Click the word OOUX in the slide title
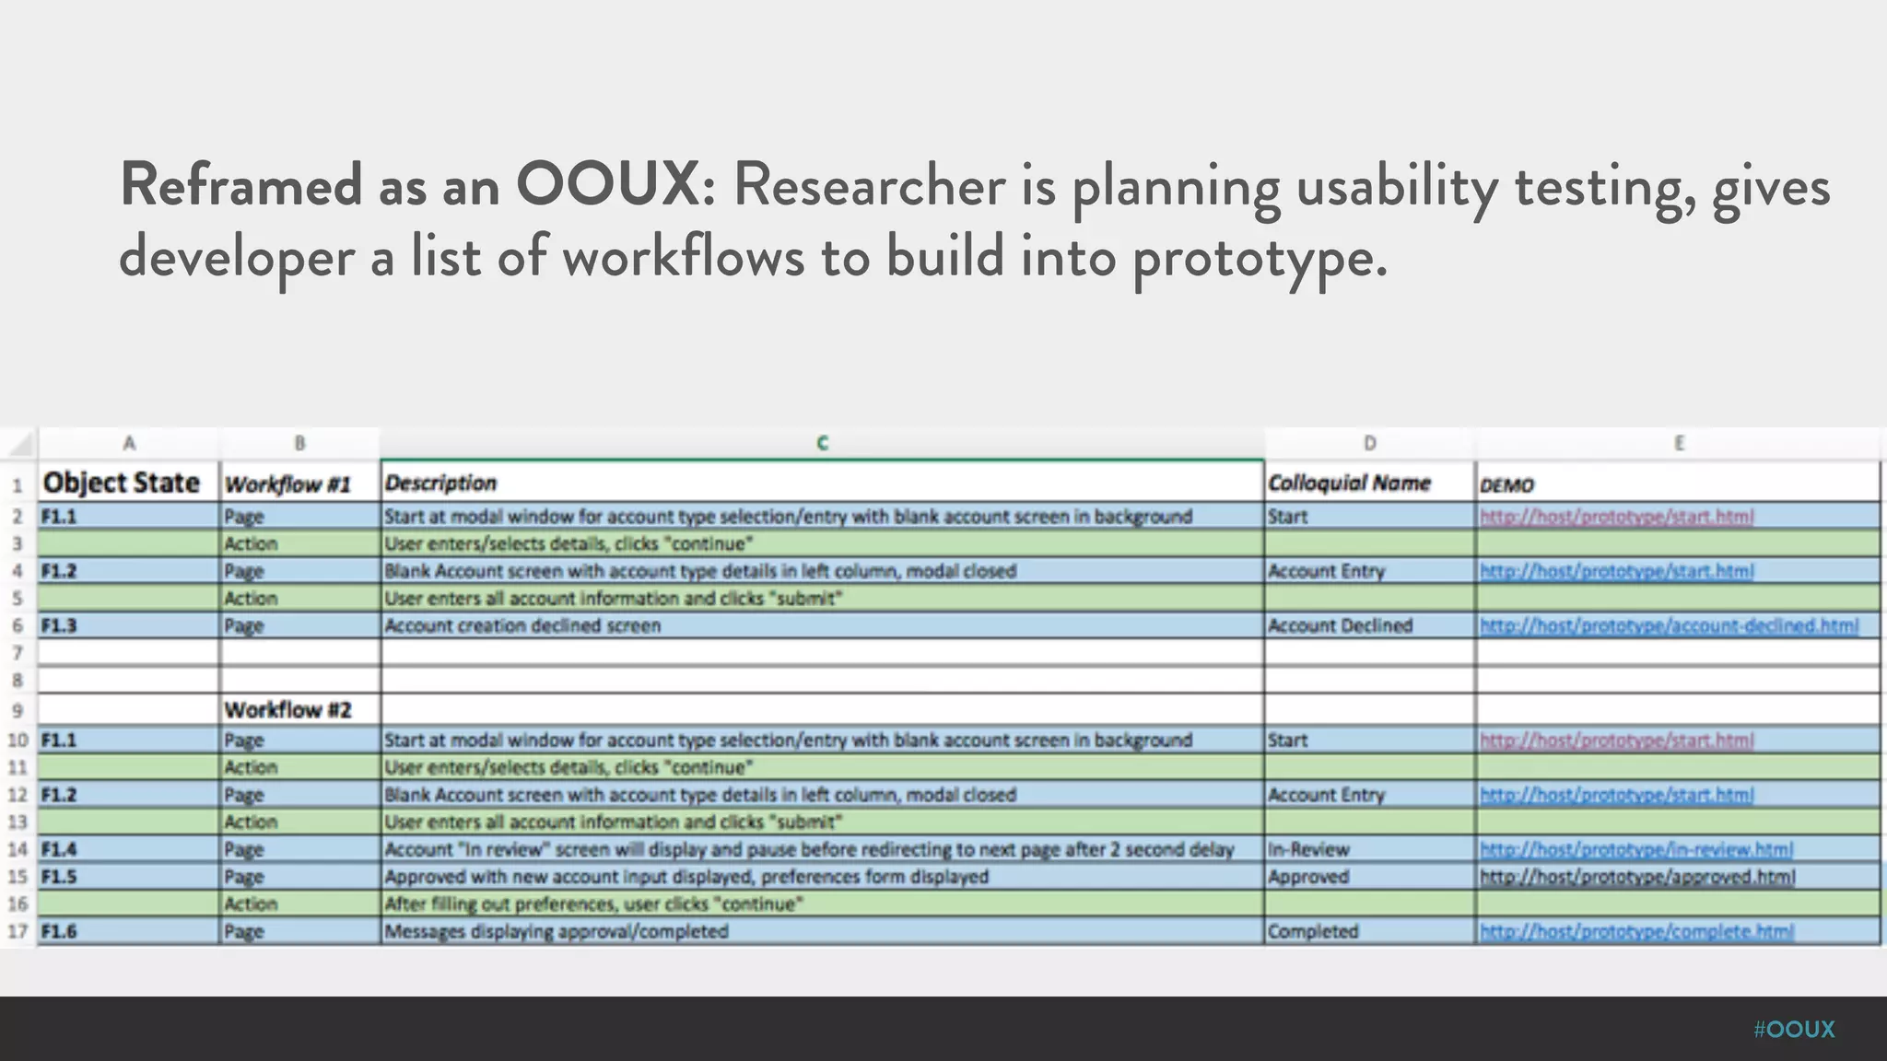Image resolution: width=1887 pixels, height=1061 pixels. (607, 185)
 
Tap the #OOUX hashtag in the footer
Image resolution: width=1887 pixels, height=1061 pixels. (1793, 1030)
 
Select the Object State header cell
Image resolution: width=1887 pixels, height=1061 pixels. (122, 483)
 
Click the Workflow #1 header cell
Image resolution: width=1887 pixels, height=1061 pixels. (287, 484)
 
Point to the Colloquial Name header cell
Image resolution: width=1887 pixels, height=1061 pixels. (1348, 484)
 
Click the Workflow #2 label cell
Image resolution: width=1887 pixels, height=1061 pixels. (287, 710)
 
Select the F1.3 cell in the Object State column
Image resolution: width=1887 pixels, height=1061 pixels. (59, 626)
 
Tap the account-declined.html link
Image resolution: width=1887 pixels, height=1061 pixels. (1669, 626)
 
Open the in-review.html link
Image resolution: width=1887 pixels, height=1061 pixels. (1635, 849)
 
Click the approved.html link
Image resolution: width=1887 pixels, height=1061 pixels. (1637, 877)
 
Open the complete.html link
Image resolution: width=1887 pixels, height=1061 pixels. (1636, 932)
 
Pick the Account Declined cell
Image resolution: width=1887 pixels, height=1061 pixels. (1340, 626)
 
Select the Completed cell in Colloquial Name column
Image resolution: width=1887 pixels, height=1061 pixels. (1313, 932)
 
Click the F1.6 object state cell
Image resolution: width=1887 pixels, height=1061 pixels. (59, 932)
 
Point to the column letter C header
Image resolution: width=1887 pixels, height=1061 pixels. (822, 443)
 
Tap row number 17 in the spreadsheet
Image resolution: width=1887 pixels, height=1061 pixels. (18, 932)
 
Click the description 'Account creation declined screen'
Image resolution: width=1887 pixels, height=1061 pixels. (522, 626)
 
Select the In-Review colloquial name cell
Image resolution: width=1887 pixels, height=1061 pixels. (1308, 849)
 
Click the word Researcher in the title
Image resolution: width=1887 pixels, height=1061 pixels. (869, 185)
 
